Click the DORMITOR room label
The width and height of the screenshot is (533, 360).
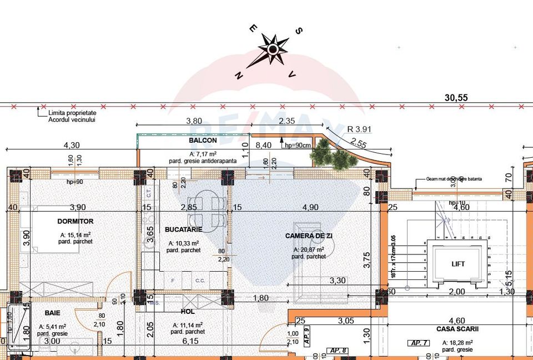76,221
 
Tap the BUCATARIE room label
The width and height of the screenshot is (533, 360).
183,229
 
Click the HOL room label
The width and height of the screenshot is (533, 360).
188,312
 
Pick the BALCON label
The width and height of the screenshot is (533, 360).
203,141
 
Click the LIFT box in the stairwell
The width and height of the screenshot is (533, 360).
457,264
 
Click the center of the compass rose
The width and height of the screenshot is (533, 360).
272,49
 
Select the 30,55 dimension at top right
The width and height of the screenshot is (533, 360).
456,97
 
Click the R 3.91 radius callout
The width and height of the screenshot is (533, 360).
359,129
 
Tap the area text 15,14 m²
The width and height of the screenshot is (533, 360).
76,234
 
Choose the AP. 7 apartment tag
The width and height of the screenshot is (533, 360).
416,343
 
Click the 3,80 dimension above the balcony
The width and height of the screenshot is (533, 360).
193,121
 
